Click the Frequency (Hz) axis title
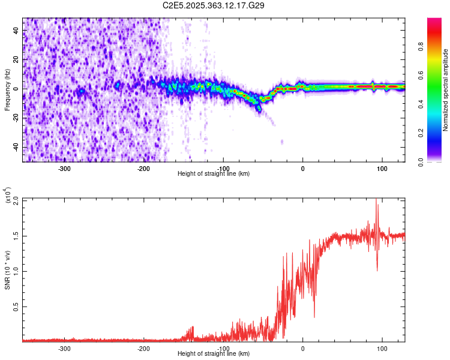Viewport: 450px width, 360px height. (x=7, y=90)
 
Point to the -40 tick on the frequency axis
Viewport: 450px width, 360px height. (x=16, y=148)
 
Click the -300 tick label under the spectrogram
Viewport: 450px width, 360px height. (x=65, y=168)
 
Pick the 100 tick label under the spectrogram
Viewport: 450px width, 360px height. (x=382, y=168)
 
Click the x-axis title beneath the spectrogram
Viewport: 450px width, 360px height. (x=214, y=174)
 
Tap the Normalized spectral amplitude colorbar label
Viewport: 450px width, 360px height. (x=446, y=90)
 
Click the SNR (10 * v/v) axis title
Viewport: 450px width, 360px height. (x=7, y=269)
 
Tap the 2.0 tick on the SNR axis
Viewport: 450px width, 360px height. (x=16, y=200)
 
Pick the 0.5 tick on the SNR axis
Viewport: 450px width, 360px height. (x=16, y=306)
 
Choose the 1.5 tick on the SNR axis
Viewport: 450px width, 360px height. (x=16, y=235)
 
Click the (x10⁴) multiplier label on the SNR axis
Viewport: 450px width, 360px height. (x=8, y=194)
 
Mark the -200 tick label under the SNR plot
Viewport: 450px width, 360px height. (x=144, y=348)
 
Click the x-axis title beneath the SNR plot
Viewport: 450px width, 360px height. (x=214, y=354)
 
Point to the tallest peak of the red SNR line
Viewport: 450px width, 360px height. (x=376, y=200)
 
